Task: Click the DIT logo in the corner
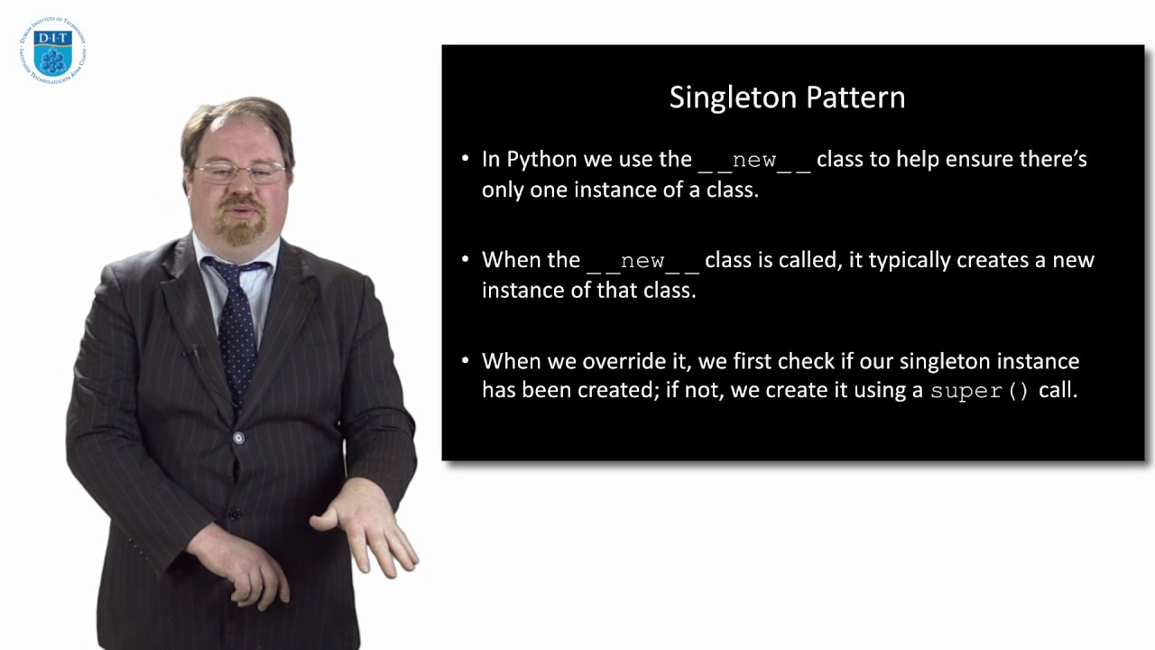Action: tap(51, 51)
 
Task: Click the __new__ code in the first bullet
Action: tap(754, 161)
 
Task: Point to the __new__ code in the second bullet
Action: tap(642, 262)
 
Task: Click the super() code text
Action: tap(980, 392)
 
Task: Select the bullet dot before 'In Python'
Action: tap(466, 159)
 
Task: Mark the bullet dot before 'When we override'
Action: tap(466, 360)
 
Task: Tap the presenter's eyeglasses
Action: tap(240, 172)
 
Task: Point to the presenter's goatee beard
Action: tap(241, 230)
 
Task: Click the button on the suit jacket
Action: tap(238, 438)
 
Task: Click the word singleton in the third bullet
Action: tap(941, 361)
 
